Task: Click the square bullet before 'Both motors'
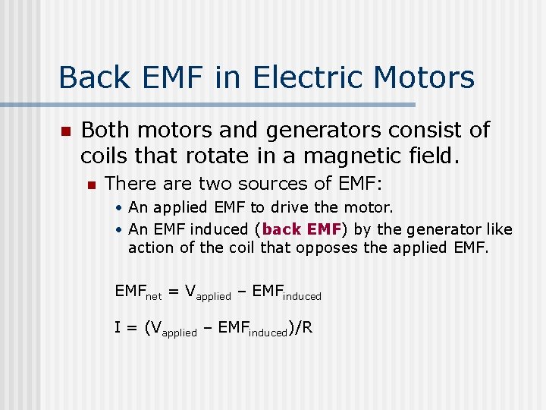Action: pyautogui.click(x=65, y=132)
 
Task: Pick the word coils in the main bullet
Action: pyautogui.click(x=105, y=156)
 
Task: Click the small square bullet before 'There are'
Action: pyautogui.click(x=92, y=184)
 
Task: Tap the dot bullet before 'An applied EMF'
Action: pyautogui.click(x=120, y=208)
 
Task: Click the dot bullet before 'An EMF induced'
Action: pyautogui.click(x=120, y=230)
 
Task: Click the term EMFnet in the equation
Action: pyautogui.click(x=140, y=291)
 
